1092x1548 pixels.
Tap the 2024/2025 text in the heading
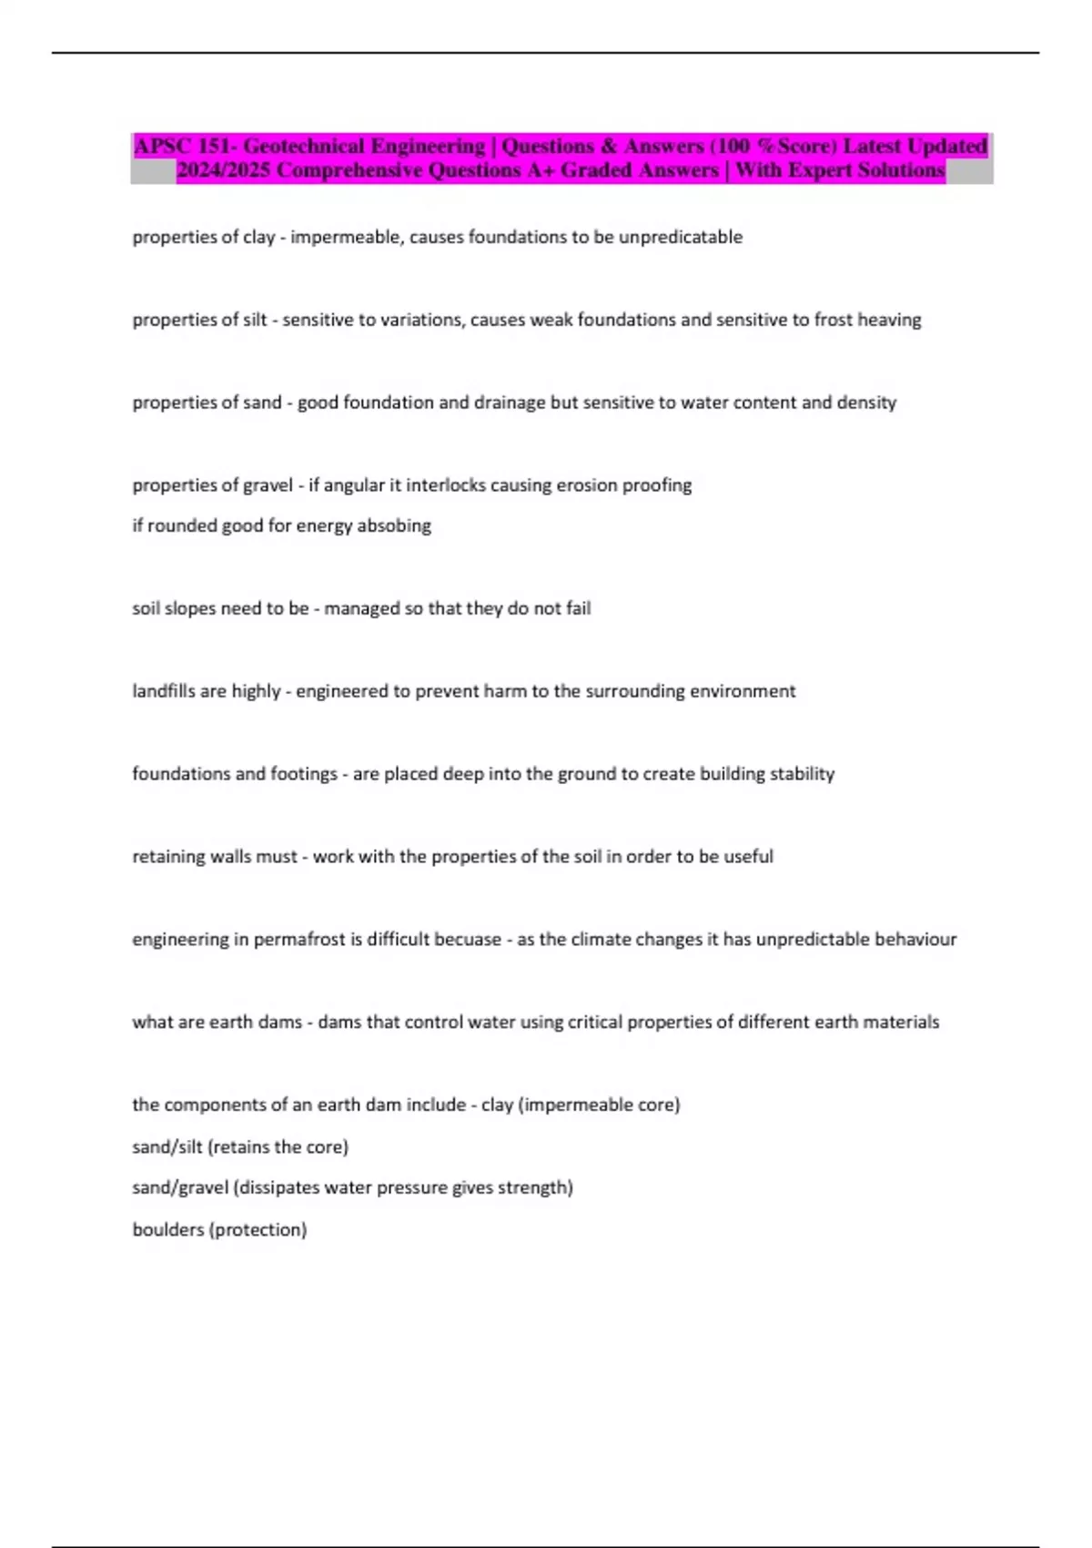[x=223, y=170]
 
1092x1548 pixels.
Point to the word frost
[x=834, y=320]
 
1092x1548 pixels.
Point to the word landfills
[x=164, y=691]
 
